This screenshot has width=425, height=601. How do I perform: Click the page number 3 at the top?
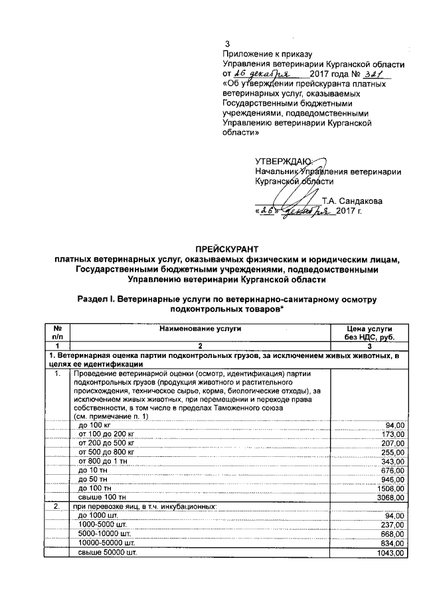226,44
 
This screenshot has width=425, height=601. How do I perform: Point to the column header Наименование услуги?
200,329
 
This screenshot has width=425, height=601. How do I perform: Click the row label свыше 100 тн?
104,497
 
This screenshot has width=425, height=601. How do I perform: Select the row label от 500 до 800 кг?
111,452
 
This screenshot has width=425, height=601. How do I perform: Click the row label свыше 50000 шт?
108,553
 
